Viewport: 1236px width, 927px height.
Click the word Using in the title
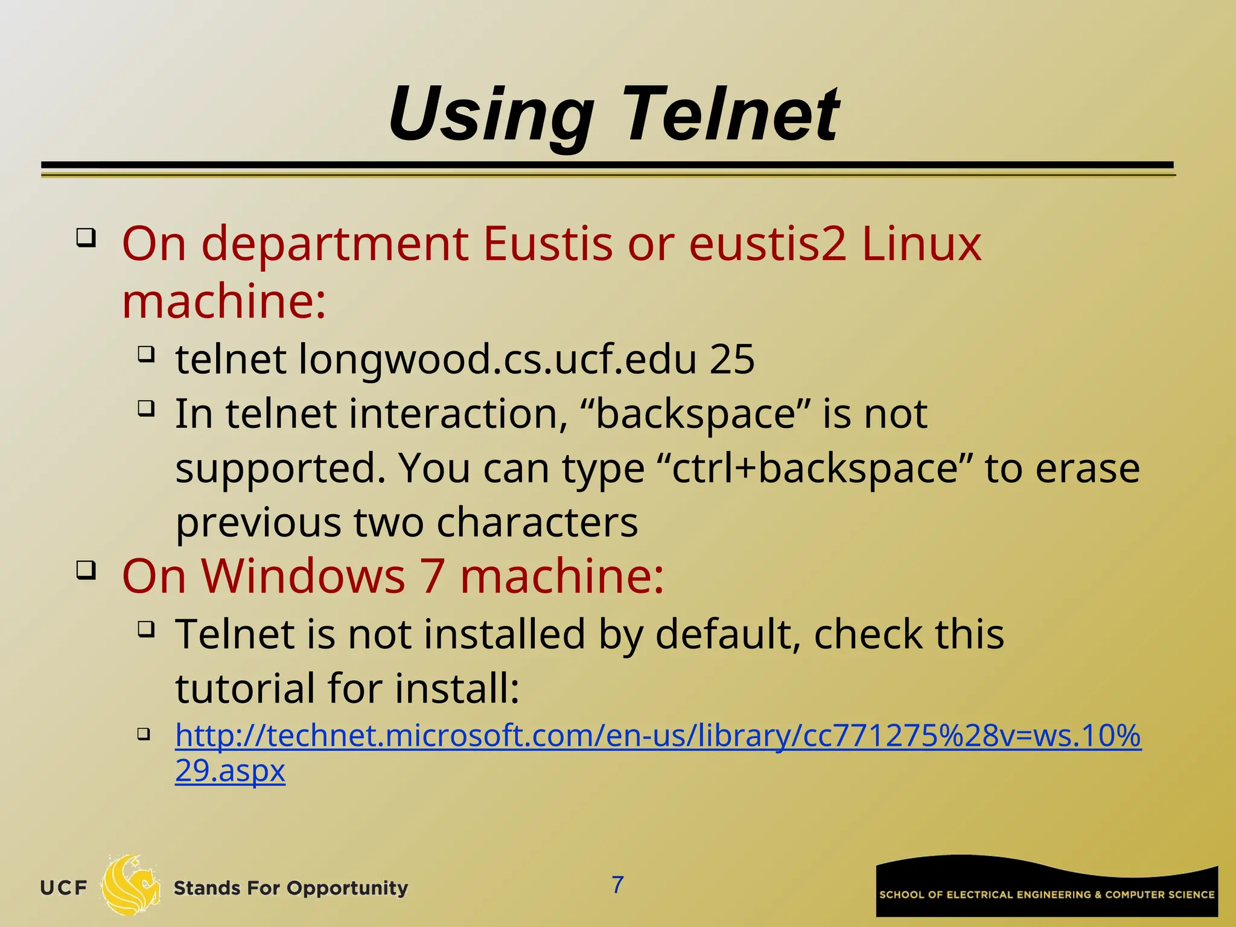click(x=492, y=115)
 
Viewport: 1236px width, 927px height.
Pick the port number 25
click(x=732, y=359)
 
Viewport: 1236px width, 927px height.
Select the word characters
click(x=537, y=522)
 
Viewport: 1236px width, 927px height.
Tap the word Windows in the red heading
click(x=303, y=576)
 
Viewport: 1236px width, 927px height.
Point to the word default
click(x=727, y=634)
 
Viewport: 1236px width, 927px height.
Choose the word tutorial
click(x=245, y=688)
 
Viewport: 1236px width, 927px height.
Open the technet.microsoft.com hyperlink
click(x=658, y=736)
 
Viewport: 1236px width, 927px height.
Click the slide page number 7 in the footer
click(x=617, y=885)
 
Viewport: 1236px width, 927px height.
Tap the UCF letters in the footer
click(x=63, y=888)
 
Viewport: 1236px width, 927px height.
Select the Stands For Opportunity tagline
click(x=290, y=888)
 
